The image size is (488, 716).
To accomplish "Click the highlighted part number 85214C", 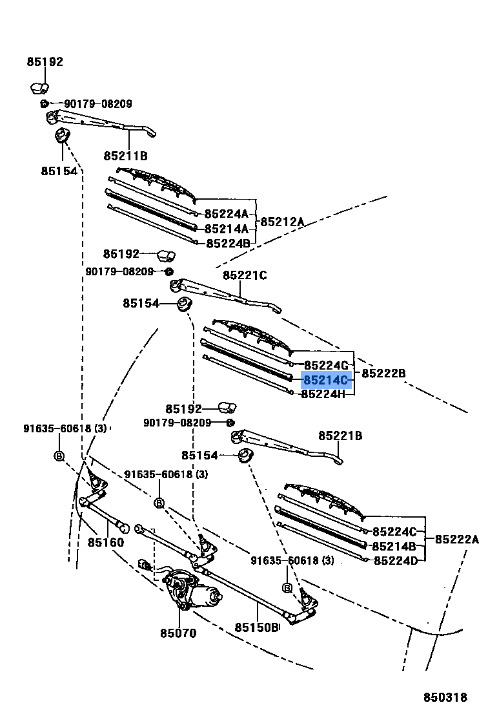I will (x=325, y=379).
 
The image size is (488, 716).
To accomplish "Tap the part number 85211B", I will (x=125, y=156).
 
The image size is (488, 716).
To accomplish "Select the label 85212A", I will (x=282, y=222).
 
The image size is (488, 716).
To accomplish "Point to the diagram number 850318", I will (x=445, y=698).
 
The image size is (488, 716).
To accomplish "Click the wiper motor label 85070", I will (x=178, y=633).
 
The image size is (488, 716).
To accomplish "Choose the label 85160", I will (x=106, y=543).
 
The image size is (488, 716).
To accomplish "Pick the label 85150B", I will (x=256, y=627).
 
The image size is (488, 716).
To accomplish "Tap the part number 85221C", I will (x=245, y=276).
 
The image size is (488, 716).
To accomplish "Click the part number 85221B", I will (x=340, y=436).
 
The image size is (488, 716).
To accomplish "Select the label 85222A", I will (x=456, y=539).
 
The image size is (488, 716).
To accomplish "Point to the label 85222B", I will (x=383, y=373).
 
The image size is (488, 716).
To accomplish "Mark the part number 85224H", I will (x=323, y=393).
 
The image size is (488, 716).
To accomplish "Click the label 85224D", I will (x=395, y=560).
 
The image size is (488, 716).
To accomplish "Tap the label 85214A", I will (x=227, y=229).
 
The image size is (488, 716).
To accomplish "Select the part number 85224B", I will (x=228, y=244).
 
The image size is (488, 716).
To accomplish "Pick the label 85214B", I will (x=395, y=546).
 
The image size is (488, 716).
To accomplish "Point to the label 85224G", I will (x=326, y=365).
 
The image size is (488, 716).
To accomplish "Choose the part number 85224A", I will (x=227, y=214).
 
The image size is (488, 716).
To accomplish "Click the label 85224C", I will (x=395, y=532).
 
